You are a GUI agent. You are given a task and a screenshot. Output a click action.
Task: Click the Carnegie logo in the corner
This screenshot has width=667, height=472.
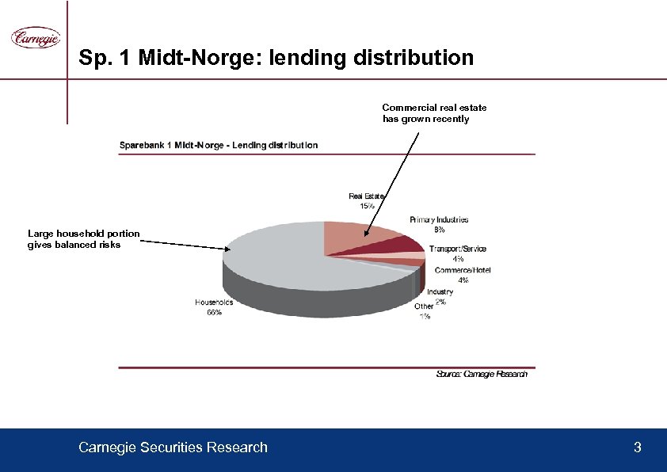[35, 37]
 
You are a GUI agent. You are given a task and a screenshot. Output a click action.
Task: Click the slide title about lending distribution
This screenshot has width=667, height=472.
[276, 58]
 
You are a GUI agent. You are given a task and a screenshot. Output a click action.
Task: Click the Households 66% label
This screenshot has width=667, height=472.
[214, 306]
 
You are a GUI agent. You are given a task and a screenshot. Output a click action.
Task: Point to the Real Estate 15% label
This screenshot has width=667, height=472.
[367, 200]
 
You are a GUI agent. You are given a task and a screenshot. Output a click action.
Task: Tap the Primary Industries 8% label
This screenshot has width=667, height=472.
[439, 224]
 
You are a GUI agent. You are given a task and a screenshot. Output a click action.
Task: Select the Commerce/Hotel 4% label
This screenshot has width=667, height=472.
[463, 275]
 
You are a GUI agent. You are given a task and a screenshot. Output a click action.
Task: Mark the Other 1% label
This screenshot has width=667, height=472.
[425, 310]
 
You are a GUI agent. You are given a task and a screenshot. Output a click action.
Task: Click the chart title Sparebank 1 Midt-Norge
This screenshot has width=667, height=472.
[219, 145]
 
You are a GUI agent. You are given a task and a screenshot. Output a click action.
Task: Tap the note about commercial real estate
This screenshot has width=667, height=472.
[434, 113]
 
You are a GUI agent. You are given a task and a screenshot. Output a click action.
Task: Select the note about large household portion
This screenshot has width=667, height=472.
[83, 239]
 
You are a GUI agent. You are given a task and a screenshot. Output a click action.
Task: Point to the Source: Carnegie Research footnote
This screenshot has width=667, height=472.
[482, 374]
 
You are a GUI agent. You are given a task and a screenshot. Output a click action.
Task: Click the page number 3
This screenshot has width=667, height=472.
[638, 447]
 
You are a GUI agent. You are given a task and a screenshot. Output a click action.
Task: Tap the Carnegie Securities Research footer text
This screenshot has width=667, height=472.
[173, 447]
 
